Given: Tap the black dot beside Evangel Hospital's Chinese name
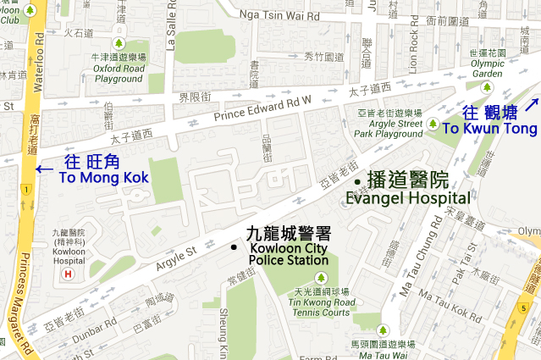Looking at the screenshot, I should coord(357,182).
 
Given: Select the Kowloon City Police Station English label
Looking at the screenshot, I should coord(289,255).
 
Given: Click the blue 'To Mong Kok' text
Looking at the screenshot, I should coord(103,177).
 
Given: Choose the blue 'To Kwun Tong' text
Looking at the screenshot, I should coord(489,129).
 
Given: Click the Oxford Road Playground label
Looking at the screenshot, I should coord(119,74).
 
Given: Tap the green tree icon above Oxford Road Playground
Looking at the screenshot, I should coord(119,43).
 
